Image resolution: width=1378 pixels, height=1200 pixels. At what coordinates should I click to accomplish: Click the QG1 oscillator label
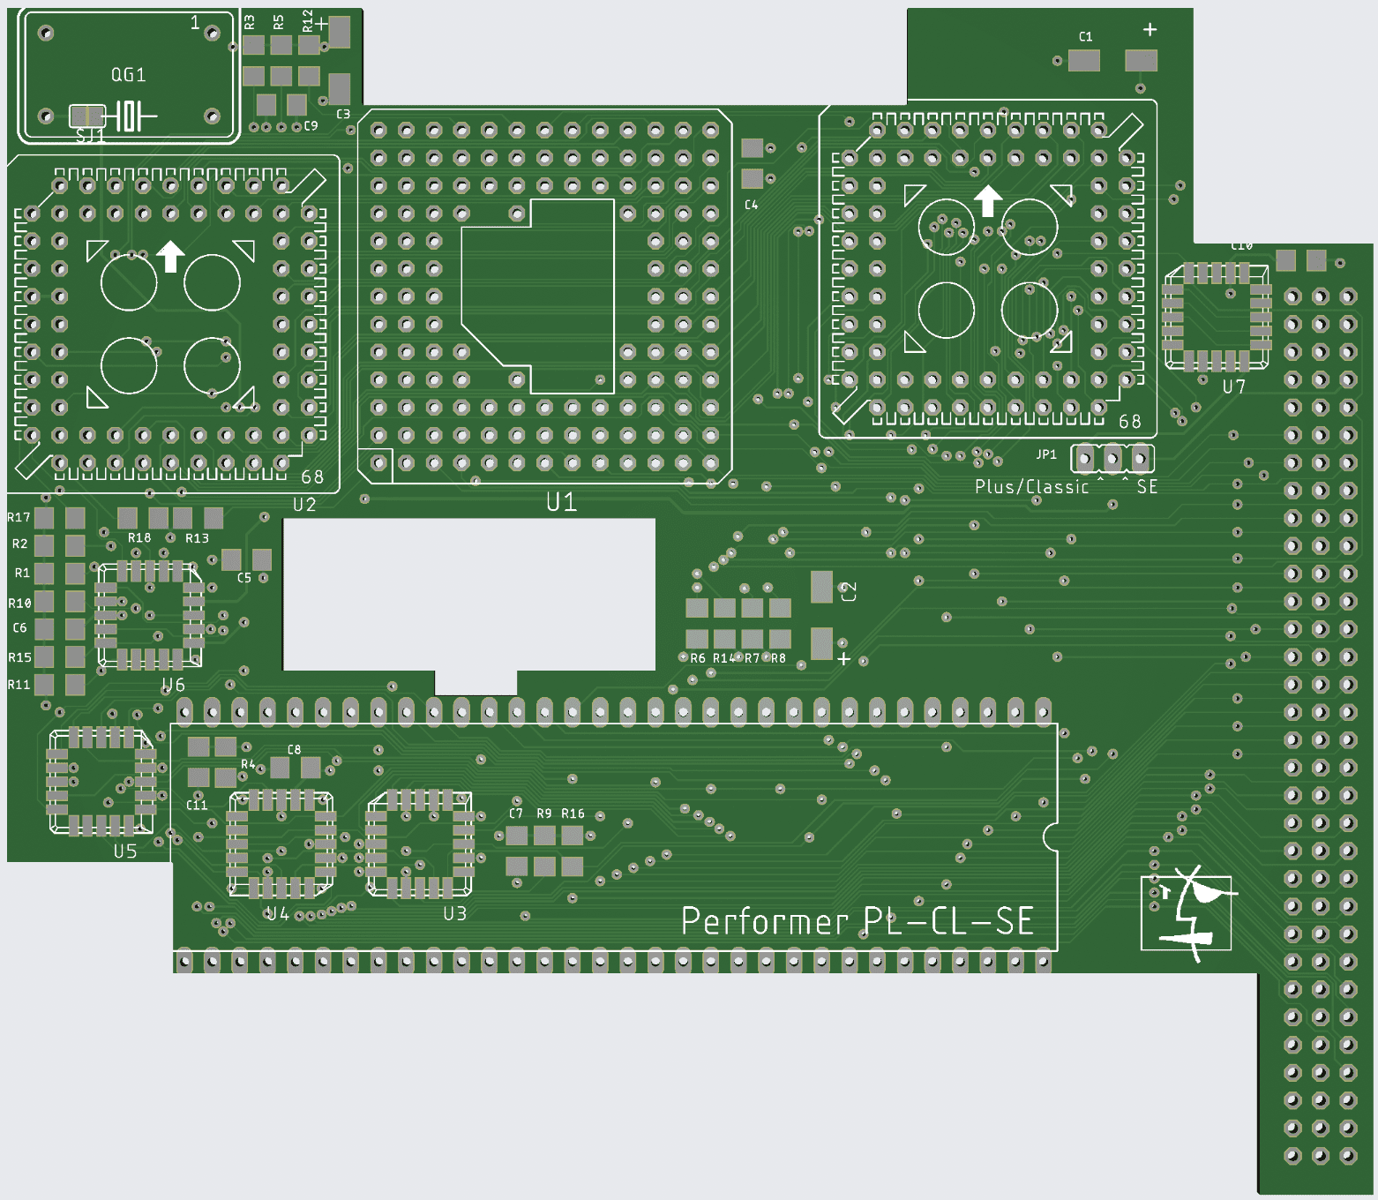pyautogui.click(x=128, y=75)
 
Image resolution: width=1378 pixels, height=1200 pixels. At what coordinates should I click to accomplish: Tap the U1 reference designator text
pyautogui.click(x=561, y=502)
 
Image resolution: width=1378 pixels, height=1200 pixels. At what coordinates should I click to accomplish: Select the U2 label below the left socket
pyautogui.click(x=304, y=505)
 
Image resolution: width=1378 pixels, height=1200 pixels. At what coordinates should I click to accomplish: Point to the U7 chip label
pyautogui.click(x=1234, y=386)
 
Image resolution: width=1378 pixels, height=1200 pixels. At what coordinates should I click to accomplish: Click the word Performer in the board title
pyautogui.click(x=764, y=922)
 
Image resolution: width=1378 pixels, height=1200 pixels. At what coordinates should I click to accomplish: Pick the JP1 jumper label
pyautogui.click(x=1046, y=454)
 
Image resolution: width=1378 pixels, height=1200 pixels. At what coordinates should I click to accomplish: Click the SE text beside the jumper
pyautogui.click(x=1147, y=487)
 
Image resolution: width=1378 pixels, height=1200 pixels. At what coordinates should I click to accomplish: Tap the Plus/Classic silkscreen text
pyautogui.click(x=1031, y=487)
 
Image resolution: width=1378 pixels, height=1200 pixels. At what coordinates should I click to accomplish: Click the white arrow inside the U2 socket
pyautogui.click(x=170, y=257)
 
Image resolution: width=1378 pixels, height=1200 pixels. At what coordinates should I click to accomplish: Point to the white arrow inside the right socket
pyautogui.click(x=988, y=200)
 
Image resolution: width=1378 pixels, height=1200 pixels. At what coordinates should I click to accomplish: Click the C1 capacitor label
pyautogui.click(x=1085, y=37)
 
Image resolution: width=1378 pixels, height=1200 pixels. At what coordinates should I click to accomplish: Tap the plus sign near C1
pyautogui.click(x=1150, y=30)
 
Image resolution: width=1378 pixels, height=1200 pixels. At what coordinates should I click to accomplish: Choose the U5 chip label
pyautogui.click(x=125, y=851)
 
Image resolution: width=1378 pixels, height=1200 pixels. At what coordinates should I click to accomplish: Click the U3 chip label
pyautogui.click(x=454, y=914)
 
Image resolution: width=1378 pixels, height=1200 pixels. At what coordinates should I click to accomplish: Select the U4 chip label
pyautogui.click(x=278, y=914)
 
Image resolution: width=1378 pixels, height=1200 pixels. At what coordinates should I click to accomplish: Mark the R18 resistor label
pyautogui.click(x=139, y=537)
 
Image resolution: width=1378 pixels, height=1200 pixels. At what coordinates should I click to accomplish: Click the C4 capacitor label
pyautogui.click(x=751, y=205)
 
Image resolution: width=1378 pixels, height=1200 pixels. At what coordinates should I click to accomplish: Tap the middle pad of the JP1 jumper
pyautogui.click(x=1112, y=459)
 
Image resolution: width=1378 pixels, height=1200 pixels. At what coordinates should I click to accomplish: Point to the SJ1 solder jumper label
pyautogui.click(x=91, y=136)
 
